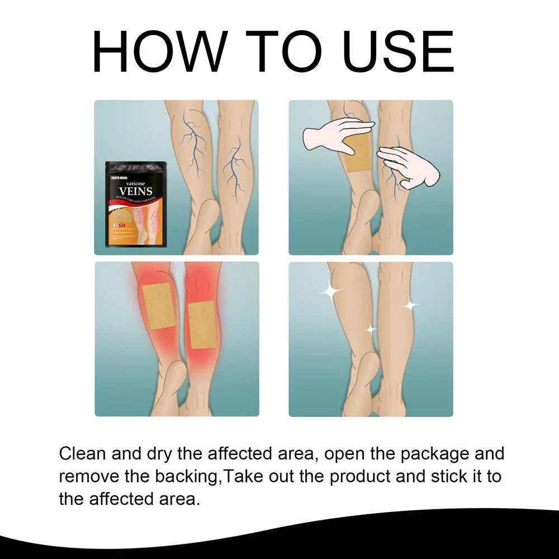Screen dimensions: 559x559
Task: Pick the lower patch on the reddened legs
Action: (x=202, y=325)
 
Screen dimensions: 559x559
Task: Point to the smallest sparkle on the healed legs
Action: (x=371, y=330)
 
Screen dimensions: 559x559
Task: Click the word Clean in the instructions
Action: (x=83, y=453)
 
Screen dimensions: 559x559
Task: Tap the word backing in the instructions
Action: (x=190, y=476)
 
